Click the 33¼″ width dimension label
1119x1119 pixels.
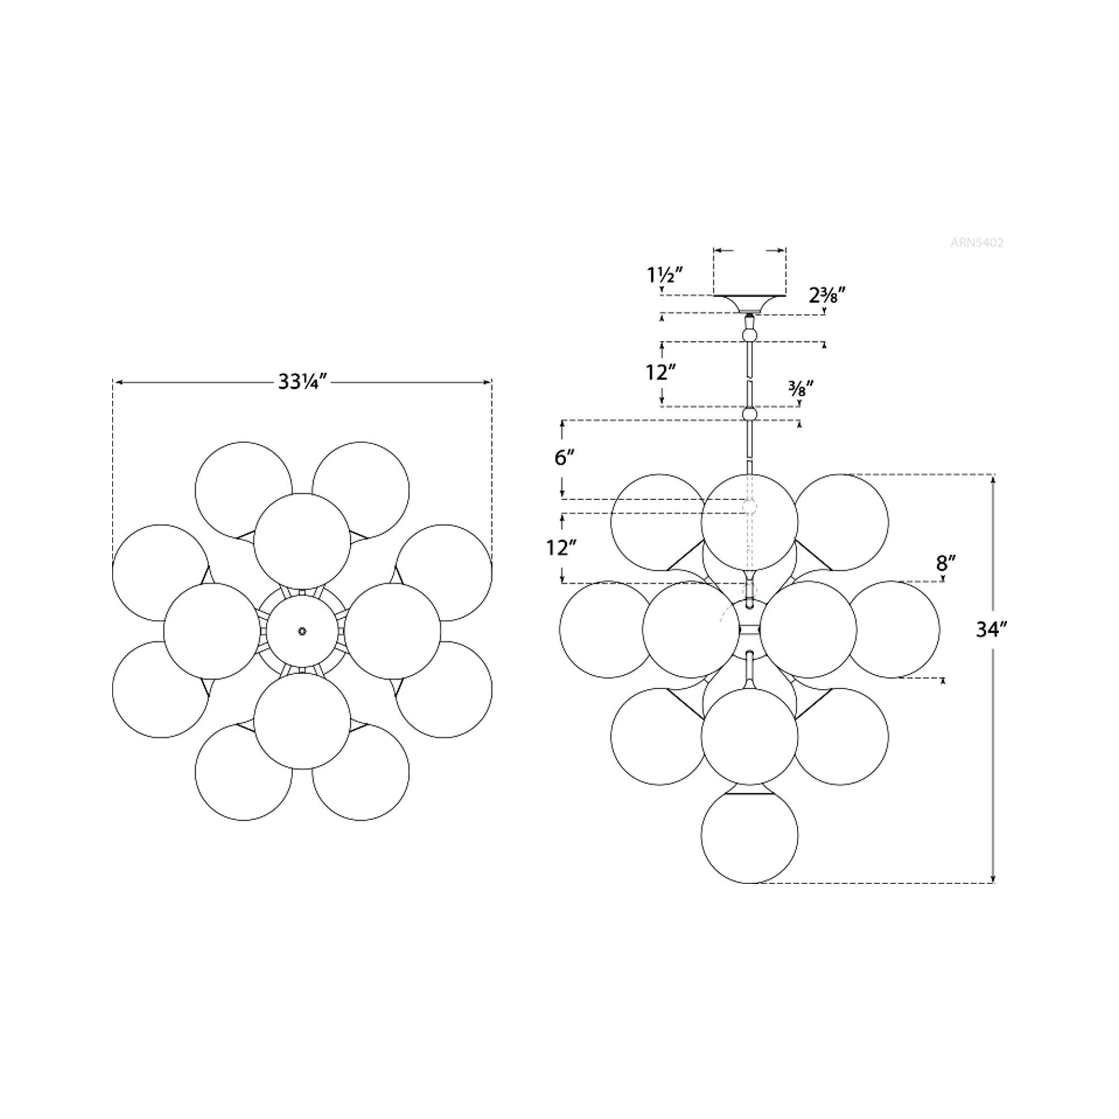point(303,382)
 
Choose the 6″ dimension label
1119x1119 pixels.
point(563,458)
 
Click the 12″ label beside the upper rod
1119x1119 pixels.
point(661,373)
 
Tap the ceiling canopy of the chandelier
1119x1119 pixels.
point(750,303)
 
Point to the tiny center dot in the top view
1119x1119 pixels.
point(302,631)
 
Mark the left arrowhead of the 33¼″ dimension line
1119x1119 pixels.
point(118,382)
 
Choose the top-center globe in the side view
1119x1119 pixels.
point(750,522)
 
